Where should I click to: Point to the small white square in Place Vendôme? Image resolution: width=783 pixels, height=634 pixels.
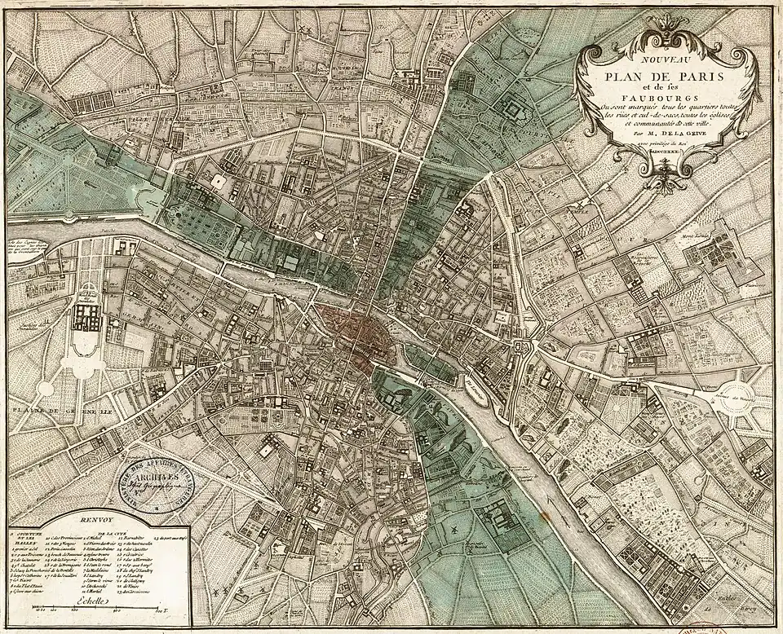point(219,182)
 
